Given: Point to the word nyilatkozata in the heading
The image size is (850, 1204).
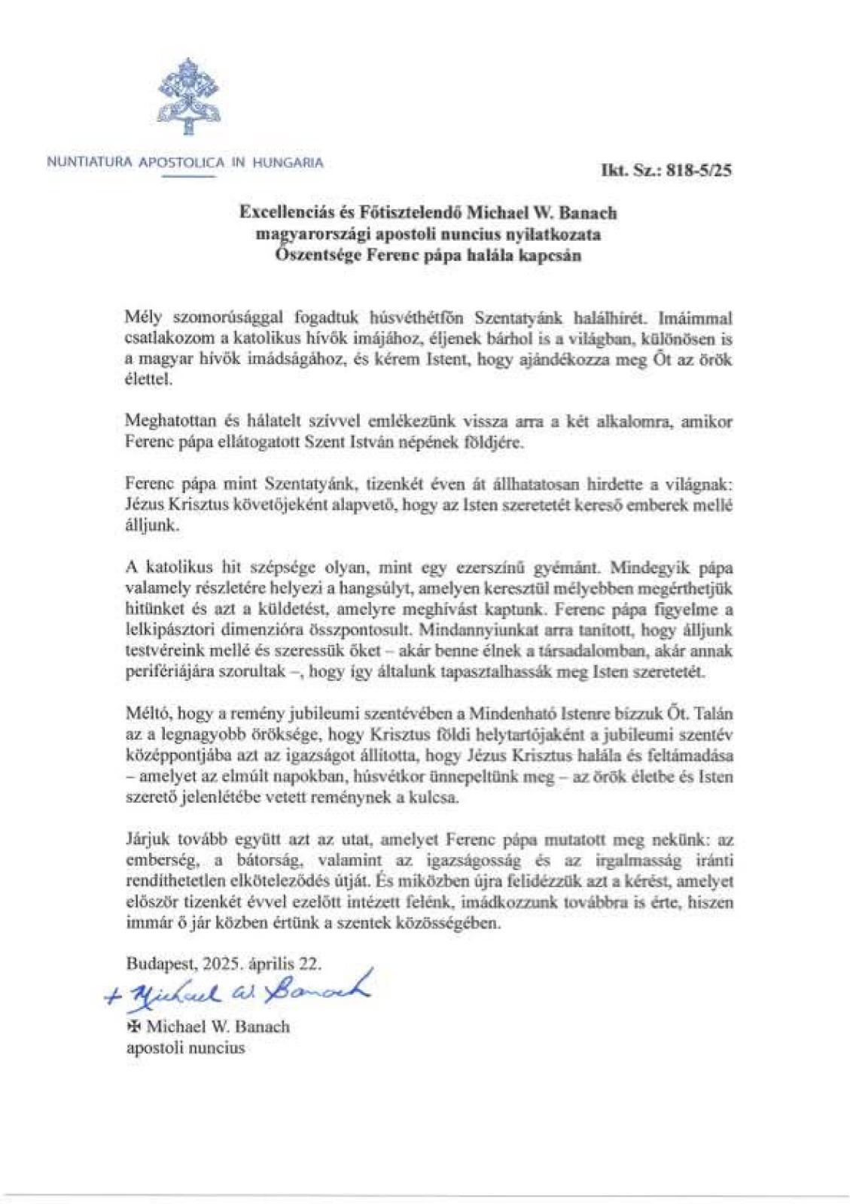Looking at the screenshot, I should (555, 234).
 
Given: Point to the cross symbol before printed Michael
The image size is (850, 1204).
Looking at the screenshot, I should (133, 1026).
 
